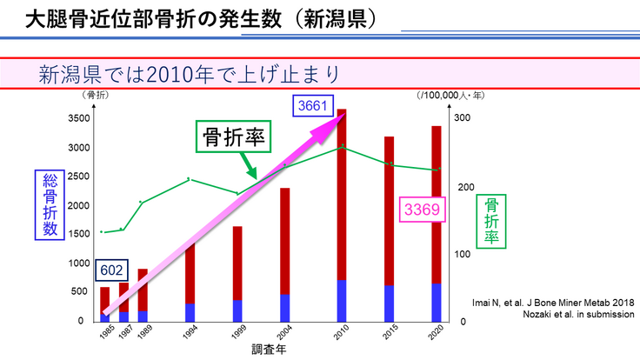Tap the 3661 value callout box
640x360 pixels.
click(314, 106)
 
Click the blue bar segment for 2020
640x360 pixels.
click(436, 302)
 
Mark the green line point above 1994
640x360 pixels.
click(190, 180)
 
